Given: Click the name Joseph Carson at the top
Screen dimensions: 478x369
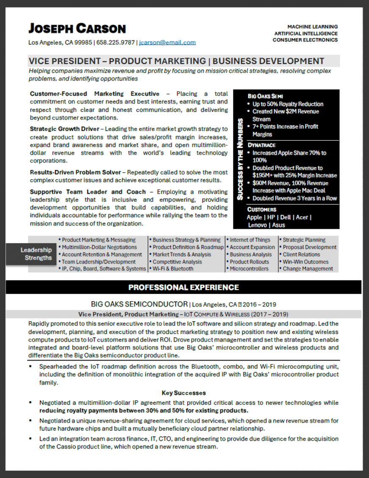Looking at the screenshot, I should [x=77, y=29].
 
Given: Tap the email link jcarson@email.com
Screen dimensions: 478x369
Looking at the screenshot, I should [x=167, y=42].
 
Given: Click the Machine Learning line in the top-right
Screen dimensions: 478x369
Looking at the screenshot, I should [x=313, y=27].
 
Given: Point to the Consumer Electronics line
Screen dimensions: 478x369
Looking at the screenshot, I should [x=305, y=40].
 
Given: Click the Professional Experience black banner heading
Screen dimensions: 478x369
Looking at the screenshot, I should [x=183, y=288].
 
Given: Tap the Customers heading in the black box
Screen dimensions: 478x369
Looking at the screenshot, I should [x=261, y=209].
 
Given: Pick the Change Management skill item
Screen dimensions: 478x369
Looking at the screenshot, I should [x=308, y=269].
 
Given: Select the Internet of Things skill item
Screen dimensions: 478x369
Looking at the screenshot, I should [x=250, y=240].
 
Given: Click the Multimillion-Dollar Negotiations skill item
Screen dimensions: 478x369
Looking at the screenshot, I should [x=100, y=247].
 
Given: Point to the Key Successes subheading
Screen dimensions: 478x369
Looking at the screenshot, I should [x=183, y=393].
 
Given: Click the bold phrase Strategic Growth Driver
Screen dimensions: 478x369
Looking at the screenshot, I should [x=64, y=129].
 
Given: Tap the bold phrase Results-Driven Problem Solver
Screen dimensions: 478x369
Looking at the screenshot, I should [x=75, y=172].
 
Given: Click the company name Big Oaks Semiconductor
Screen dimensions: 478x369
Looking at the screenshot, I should [x=139, y=304].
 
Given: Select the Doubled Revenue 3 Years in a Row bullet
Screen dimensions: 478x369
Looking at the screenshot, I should [x=295, y=198].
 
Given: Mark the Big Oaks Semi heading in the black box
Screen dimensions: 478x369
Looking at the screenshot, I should [x=265, y=96].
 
